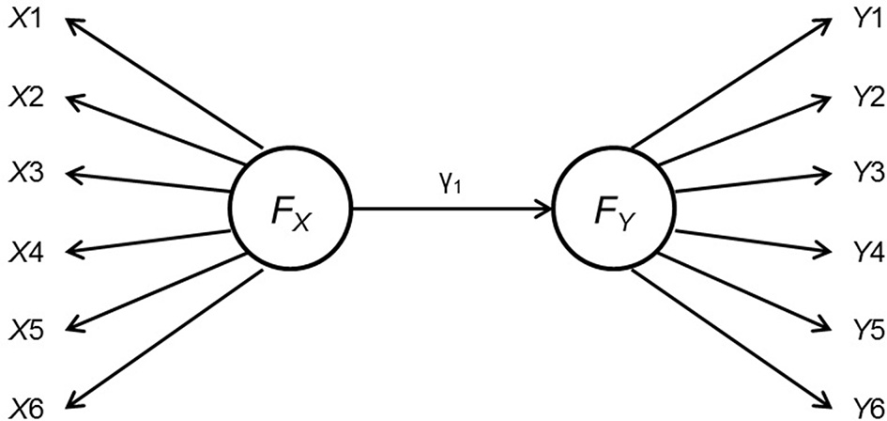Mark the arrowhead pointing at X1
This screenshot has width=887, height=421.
(74, 23)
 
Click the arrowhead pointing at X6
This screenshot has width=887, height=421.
(74, 399)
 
